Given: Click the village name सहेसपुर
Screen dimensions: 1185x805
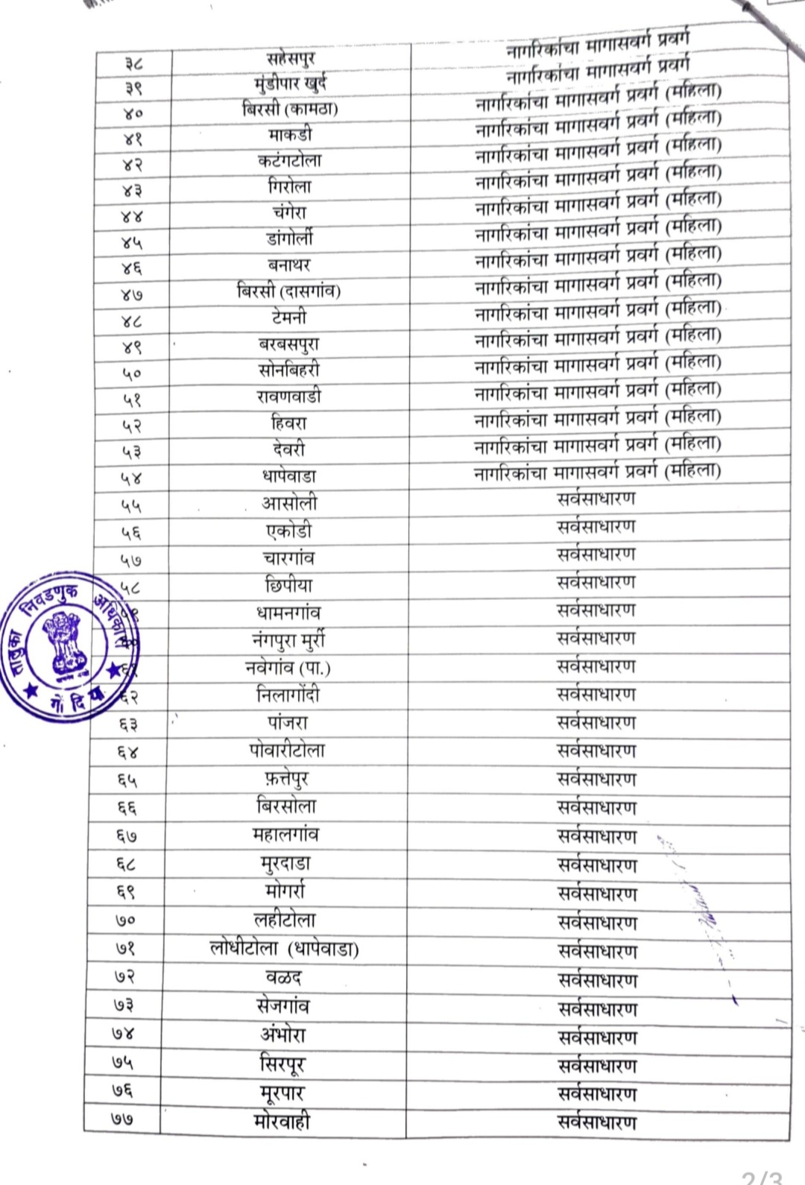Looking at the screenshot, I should (291, 57).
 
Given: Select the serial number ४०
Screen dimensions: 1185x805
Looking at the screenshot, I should (133, 113).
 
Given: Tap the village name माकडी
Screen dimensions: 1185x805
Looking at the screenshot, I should (291, 135).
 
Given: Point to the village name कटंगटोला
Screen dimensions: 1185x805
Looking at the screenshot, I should (290, 160).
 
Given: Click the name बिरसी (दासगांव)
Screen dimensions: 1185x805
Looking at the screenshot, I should (289, 291).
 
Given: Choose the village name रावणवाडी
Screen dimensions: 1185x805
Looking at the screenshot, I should (289, 396).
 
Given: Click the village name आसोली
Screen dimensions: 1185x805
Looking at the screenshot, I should (289, 503).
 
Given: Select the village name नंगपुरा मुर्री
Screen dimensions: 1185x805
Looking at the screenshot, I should (288, 640).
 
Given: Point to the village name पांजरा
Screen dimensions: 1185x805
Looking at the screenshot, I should (288, 722).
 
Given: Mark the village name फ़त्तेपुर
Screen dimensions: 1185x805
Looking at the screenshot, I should (287, 779).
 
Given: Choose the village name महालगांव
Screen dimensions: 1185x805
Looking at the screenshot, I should (286, 835).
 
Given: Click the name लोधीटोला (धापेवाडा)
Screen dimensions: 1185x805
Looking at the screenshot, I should (285, 949).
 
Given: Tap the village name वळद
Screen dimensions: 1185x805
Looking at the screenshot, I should (284, 977).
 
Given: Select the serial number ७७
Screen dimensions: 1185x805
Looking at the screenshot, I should (124, 1119).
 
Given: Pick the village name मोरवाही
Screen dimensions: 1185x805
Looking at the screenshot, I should (282, 1121).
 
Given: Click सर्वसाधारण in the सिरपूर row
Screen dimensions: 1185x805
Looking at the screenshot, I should (598, 1066).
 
